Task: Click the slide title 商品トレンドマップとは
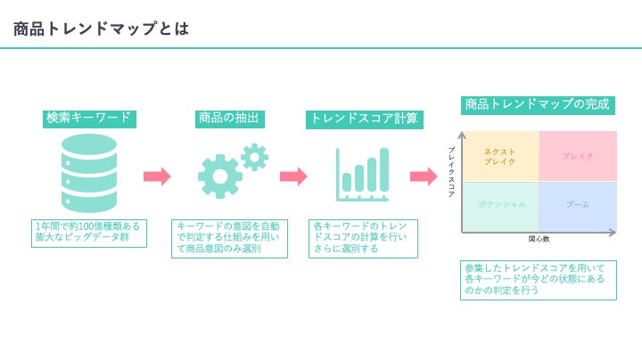(x=101, y=29)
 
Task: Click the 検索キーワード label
(x=88, y=118)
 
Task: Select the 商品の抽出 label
(x=229, y=118)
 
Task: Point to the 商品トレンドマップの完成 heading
(x=537, y=104)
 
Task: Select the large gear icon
(x=219, y=176)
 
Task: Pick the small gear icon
(x=254, y=157)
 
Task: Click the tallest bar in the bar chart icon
(x=384, y=169)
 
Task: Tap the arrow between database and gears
(x=157, y=176)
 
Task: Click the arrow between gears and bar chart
(x=293, y=176)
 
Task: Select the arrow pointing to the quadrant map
(x=424, y=176)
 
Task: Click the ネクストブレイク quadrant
(x=500, y=156)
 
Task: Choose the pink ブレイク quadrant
(x=578, y=156)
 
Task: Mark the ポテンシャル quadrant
(x=500, y=205)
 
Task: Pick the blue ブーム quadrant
(x=578, y=205)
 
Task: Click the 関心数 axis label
(x=539, y=239)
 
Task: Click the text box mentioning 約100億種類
(x=88, y=233)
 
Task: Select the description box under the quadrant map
(x=538, y=280)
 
